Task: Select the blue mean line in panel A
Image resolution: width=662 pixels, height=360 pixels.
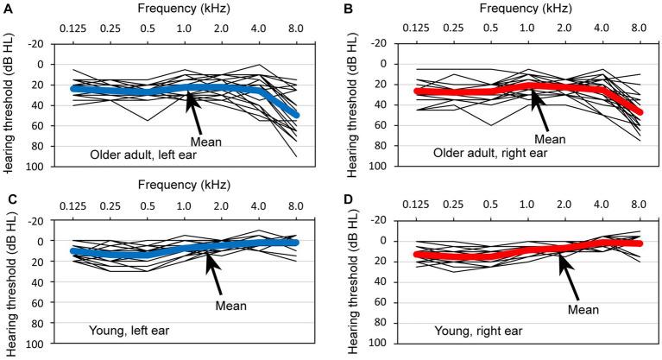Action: pyautogui.click(x=129, y=90)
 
